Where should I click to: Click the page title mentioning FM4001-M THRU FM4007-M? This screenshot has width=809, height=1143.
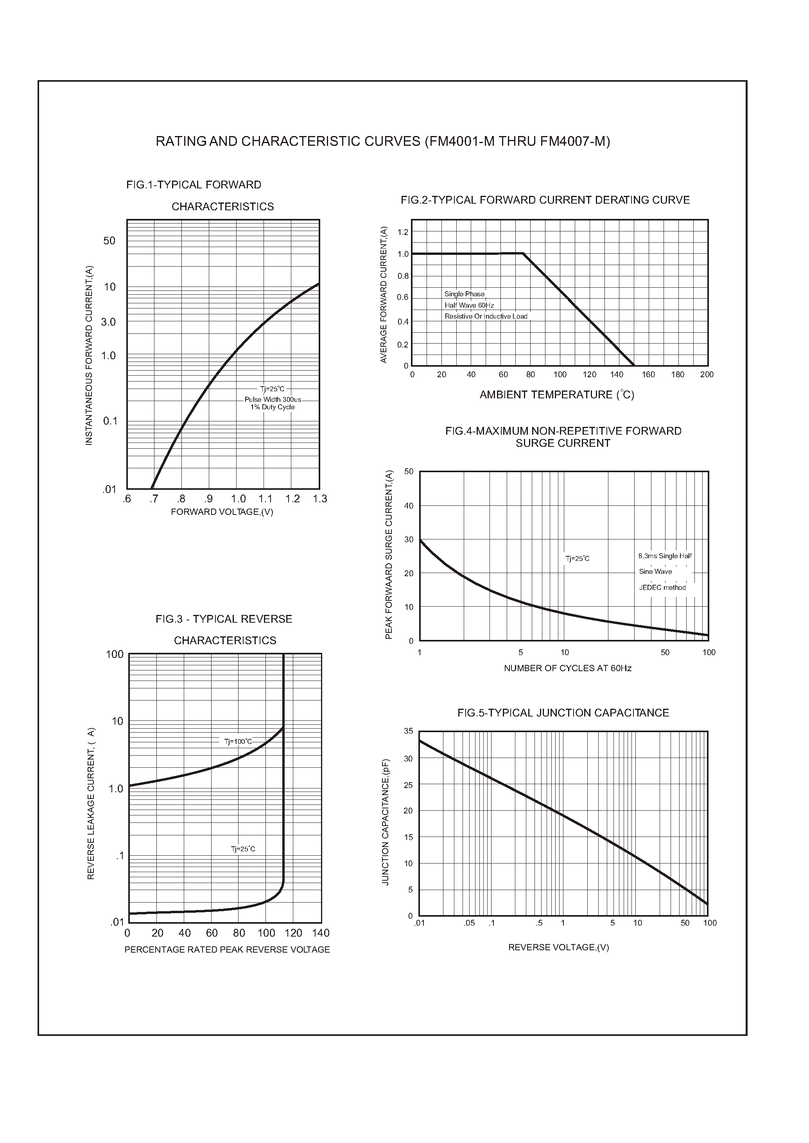[382, 142]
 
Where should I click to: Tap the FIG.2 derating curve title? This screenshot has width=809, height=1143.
[545, 200]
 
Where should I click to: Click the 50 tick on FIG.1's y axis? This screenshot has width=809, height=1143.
[109, 241]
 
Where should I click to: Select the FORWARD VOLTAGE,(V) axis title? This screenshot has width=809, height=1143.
[222, 512]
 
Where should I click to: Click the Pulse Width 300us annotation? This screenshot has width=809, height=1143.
[273, 400]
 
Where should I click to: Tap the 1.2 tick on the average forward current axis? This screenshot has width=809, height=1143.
[402, 232]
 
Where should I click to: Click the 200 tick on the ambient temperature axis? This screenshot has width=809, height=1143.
[707, 374]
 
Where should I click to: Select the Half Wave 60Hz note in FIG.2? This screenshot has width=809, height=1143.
[469, 305]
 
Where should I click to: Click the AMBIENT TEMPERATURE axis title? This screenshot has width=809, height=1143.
[556, 395]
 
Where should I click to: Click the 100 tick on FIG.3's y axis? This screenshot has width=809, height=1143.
[115, 654]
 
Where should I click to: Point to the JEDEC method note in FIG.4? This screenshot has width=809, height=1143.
[662, 588]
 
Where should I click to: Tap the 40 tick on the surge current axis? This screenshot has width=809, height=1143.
[409, 506]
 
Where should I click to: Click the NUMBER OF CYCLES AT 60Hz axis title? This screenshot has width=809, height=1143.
[567, 668]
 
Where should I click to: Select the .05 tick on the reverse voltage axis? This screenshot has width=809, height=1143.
[469, 923]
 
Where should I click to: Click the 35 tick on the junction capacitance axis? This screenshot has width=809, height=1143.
[409, 731]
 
